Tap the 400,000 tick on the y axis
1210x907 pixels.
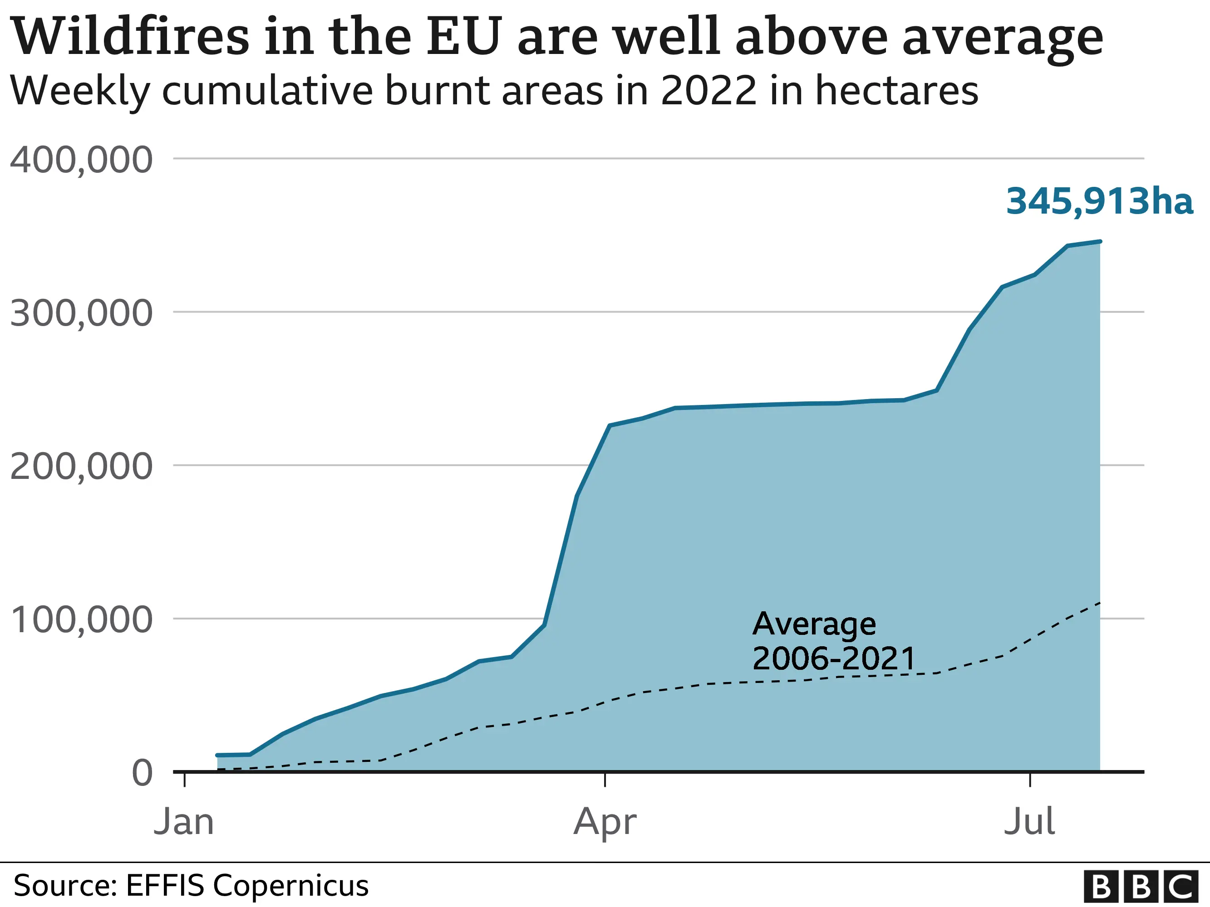coord(81,160)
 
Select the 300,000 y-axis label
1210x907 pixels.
coord(81,314)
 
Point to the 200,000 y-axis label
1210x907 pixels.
coord(81,467)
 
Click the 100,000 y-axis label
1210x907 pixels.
coord(81,620)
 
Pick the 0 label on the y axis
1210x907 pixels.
coord(142,774)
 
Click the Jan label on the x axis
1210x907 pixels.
coord(184,822)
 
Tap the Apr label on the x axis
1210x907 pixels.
coord(605,822)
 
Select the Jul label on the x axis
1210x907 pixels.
coord(1029,822)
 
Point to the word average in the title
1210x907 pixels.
coord(1002,37)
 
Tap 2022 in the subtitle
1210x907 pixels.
coord(708,90)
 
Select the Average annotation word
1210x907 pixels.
coord(814,624)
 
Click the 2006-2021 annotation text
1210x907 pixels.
coord(834,658)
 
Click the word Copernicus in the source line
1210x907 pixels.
coord(290,885)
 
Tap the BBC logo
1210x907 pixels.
coord(1141,886)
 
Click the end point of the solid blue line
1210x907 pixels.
coord(1100,241)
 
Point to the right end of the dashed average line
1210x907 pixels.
coord(1100,603)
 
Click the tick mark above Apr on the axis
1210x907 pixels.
coord(605,780)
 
